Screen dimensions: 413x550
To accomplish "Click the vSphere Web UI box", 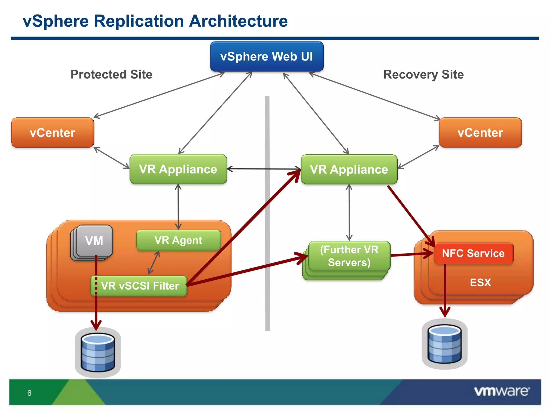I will pyautogui.click(x=267, y=56).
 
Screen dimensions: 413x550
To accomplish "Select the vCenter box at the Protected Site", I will pyautogui.click(x=53, y=133).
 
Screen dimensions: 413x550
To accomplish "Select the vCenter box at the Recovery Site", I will pyautogui.click(x=480, y=133).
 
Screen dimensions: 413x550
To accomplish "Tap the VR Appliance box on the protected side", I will pyautogui.click(x=178, y=169).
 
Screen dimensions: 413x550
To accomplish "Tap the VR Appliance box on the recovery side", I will pyautogui.click(x=349, y=169).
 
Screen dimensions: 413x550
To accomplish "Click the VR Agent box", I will pyautogui.click(x=178, y=240).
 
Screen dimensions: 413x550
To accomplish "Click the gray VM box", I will pyautogui.click(x=94, y=241).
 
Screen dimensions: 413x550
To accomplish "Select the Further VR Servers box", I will pyautogui.click(x=349, y=256).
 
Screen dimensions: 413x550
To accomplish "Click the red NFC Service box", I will pyautogui.click(x=473, y=253).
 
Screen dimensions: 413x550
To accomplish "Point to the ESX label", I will pyautogui.click(x=480, y=283).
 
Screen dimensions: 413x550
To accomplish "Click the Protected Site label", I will pyautogui.click(x=111, y=74).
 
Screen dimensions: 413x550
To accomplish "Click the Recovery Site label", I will pyautogui.click(x=424, y=74).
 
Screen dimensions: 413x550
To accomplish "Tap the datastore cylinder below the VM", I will pyautogui.click(x=98, y=352).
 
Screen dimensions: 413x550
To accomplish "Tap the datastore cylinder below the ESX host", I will pyautogui.click(x=444, y=344).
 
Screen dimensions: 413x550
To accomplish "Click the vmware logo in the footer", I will pyautogui.click(x=502, y=391).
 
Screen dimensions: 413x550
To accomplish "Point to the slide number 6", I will pyautogui.click(x=29, y=393).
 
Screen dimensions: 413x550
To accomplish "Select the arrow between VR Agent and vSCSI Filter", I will pyautogui.click(x=154, y=263).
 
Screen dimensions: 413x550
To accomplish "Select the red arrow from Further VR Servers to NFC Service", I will pyautogui.click(x=412, y=254).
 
